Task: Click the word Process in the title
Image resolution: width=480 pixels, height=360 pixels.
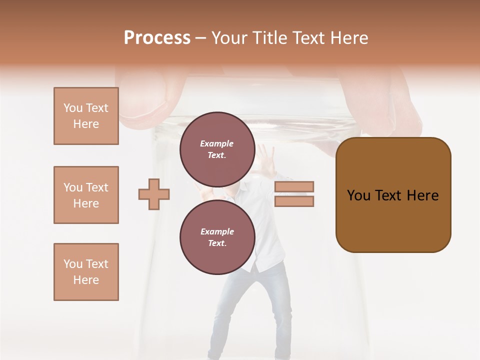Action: point(157,38)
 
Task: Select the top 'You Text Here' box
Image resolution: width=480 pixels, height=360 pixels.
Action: point(86,116)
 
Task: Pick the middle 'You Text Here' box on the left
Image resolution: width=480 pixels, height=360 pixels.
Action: point(86,195)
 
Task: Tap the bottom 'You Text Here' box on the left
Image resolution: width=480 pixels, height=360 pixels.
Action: point(86,272)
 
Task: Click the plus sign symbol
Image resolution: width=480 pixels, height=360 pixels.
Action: point(154,194)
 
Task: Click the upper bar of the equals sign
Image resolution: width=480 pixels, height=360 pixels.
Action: point(294,186)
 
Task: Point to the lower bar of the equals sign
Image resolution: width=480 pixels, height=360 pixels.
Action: point(294,201)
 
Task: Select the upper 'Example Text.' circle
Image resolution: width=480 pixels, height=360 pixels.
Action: point(217,149)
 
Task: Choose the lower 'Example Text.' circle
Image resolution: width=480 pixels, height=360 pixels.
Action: point(217,237)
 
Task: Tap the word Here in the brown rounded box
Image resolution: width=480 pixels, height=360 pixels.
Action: point(422,195)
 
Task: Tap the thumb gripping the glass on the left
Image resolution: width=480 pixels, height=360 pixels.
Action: point(145,100)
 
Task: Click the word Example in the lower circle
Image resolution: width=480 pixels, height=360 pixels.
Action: point(217,231)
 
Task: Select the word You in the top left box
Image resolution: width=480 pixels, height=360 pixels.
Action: point(73,108)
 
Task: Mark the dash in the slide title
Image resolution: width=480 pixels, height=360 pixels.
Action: point(200,38)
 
